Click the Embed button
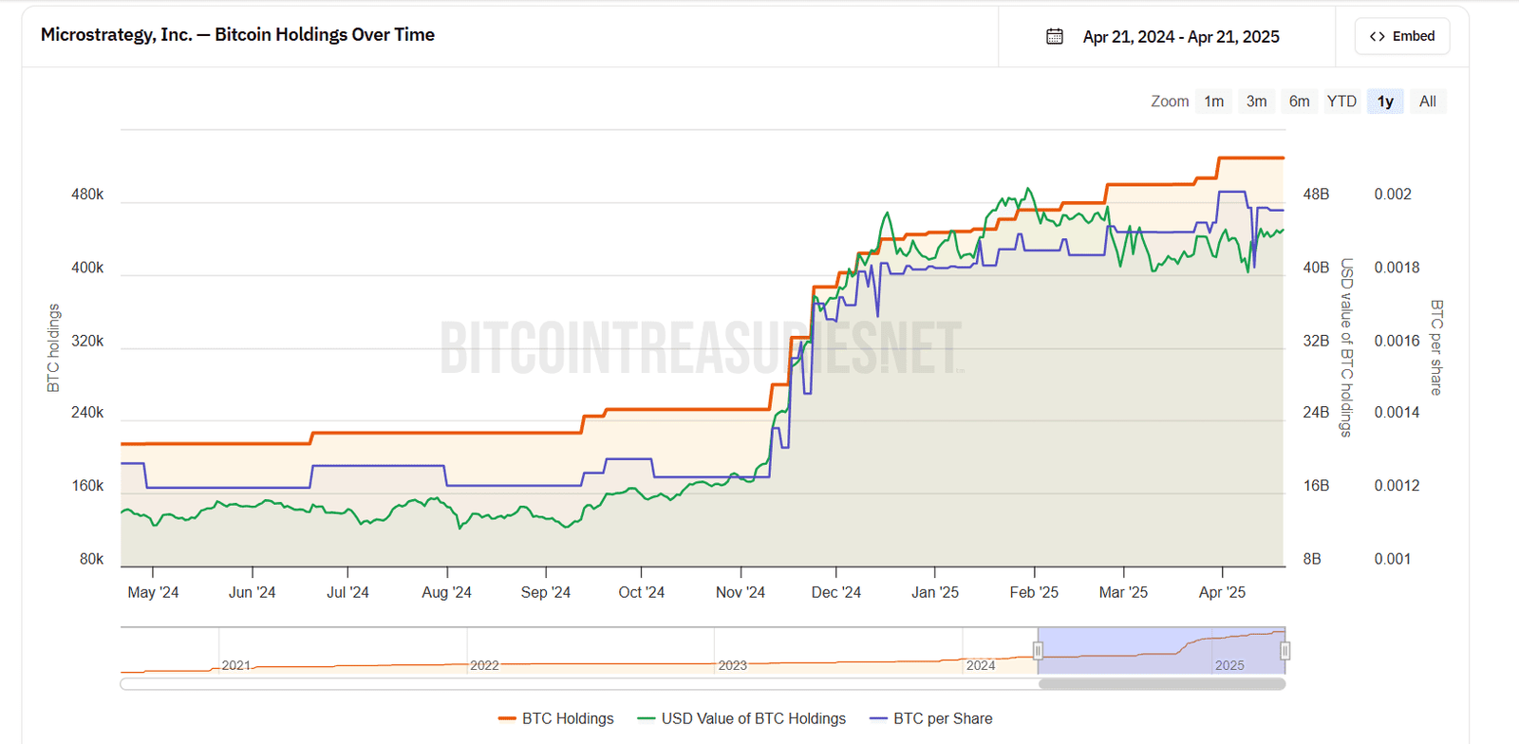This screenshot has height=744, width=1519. (1401, 36)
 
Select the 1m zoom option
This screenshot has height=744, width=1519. (1213, 102)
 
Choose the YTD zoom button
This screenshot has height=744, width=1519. (1341, 102)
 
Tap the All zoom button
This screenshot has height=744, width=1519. (1427, 102)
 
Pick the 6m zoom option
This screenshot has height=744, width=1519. (1299, 102)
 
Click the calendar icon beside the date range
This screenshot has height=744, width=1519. (1054, 36)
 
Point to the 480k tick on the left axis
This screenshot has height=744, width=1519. (87, 195)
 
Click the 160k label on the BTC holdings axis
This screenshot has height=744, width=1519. (87, 486)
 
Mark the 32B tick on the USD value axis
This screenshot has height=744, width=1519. (1316, 341)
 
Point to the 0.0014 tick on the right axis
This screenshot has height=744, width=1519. (1397, 413)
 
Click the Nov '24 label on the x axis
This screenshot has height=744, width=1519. (740, 592)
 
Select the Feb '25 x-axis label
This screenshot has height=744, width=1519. (1034, 592)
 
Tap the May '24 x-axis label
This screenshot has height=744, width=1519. (153, 592)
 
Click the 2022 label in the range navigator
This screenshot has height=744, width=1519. (484, 665)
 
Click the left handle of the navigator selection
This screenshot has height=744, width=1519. (1038, 651)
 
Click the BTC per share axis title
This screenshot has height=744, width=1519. (1435, 347)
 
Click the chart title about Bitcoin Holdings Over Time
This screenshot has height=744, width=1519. (237, 35)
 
